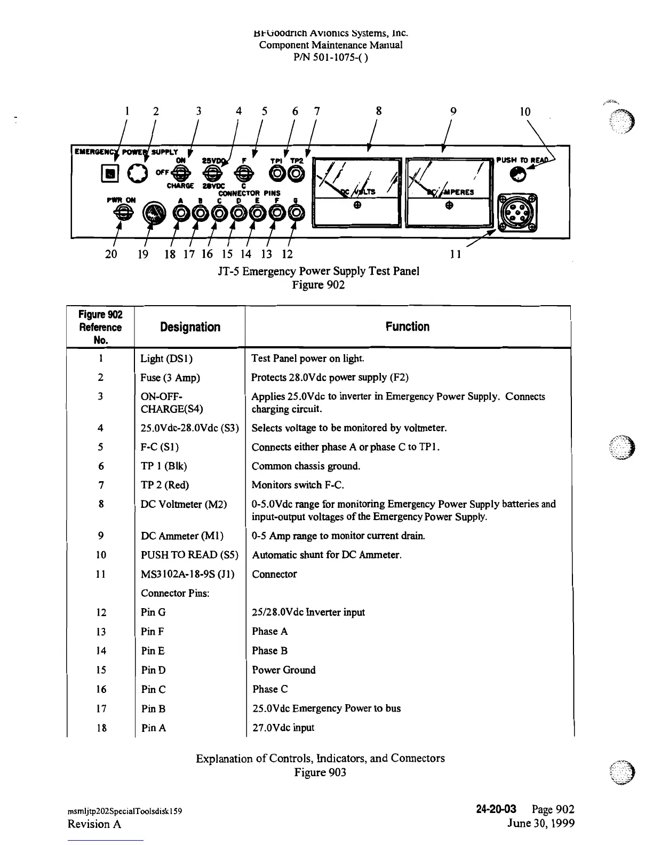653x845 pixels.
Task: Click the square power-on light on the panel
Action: click(109, 173)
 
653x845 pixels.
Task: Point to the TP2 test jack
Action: click(297, 173)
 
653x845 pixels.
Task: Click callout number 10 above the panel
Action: click(525, 112)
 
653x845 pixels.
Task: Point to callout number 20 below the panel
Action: click(111, 254)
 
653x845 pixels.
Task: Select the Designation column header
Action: click(190, 327)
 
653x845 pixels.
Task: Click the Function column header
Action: click(408, 326)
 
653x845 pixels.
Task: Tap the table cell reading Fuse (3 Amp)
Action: click(170, 378)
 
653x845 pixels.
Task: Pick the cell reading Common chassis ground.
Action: click(306, 466)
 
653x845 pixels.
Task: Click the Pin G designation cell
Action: click(153, 612)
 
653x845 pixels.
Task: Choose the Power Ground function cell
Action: click(284, 670)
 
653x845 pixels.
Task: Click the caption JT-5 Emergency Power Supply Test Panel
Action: click(318, 271)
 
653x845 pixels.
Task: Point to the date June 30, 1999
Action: click(540, 823)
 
